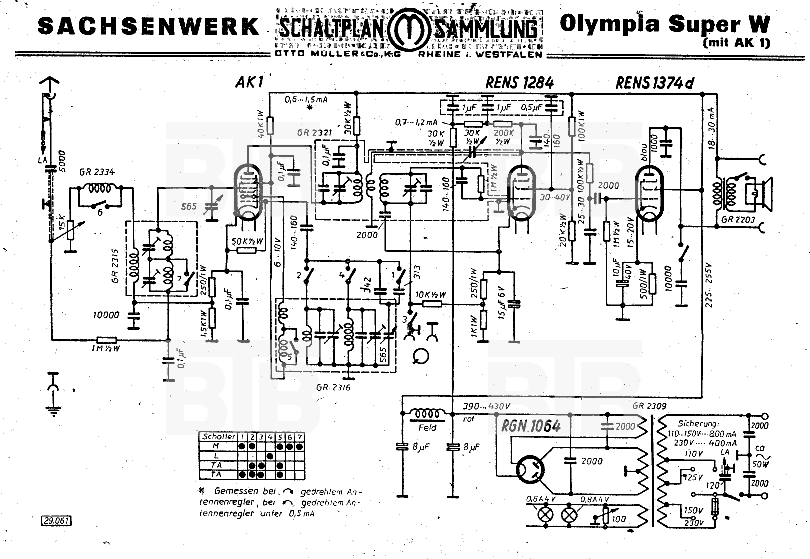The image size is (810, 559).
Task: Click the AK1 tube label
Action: pyautogui.click(x=249, y=82)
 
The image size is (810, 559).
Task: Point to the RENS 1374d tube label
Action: pyautogui.click(x=654, y=83)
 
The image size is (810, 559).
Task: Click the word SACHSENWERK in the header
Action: pyautogui.click(x=148, y=26)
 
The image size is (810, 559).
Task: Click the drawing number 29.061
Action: pyautogui.click(x=56, y=521)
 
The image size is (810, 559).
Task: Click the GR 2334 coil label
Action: pyautogui.click(x=97, y=172)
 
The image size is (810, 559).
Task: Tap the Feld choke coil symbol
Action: pyautogui.click(x=427, y=414)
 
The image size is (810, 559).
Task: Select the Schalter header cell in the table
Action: pyautogui.click(x=219, y=437)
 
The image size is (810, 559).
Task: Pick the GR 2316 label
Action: pyautogui.click(x=333, y=387)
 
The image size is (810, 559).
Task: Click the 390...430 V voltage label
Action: pyautogui.click(x=486, y=406)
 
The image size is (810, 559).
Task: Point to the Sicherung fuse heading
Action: pyautogui.click(x=698, y=423)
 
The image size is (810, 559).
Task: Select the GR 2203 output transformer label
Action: pyautogui.click(x=738, y=219)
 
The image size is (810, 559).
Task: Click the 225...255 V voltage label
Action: pyautogui.click(x=709, y=286)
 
